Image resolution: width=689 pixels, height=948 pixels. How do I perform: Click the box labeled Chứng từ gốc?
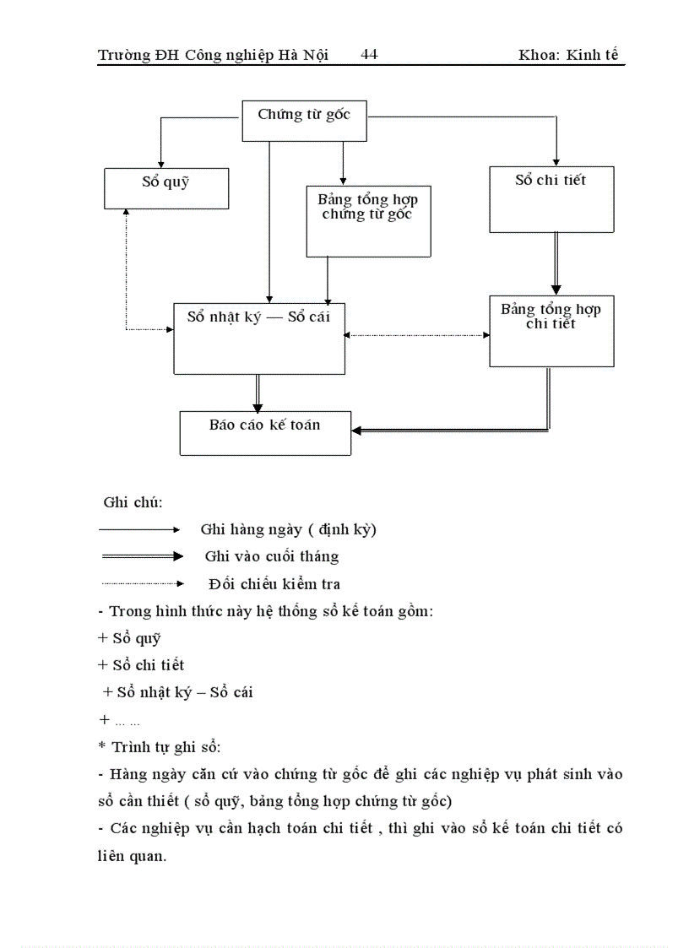pyautogui.click(x=305, y=121)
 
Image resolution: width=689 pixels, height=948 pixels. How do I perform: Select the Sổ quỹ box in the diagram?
pyautogui.click(x=165, y=187)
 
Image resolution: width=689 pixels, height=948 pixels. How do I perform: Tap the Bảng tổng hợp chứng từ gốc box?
pyautogui.click(x=368, y=220)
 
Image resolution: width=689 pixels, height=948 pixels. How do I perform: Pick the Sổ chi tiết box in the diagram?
pyautogui.click(x=551, y=198)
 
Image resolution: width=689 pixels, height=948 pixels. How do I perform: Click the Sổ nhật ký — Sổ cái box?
pyautogui.click(x=258, y=338)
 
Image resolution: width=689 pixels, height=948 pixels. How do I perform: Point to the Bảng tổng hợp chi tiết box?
pyautogui.click(x=551, y=330)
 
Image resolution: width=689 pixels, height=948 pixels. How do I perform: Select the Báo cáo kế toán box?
pyautogui.click(x=265, y=431)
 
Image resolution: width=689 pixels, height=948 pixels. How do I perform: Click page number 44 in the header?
pyautogui.click(x=369, y=55)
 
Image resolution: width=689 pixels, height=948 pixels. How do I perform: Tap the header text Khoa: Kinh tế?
pyautogui.click(x=572, y=55)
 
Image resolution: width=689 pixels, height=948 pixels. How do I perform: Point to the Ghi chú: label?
pyautogui.click(x=133, y=502)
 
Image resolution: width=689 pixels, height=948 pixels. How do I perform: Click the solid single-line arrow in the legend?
pyautogui.click(x=140, y=529)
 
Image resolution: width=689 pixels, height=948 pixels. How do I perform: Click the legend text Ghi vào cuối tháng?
pyautogui.click(x=271, y=556)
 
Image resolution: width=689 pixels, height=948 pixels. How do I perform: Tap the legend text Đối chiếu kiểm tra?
pyautogui.click(x=274, y=583)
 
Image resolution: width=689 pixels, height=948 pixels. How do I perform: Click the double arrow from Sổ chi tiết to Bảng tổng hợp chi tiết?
pyautogui.click(x=555, y=263)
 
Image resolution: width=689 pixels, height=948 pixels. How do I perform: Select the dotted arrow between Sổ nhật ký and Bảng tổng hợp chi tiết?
pyautogui.click(x=417, y=335)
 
